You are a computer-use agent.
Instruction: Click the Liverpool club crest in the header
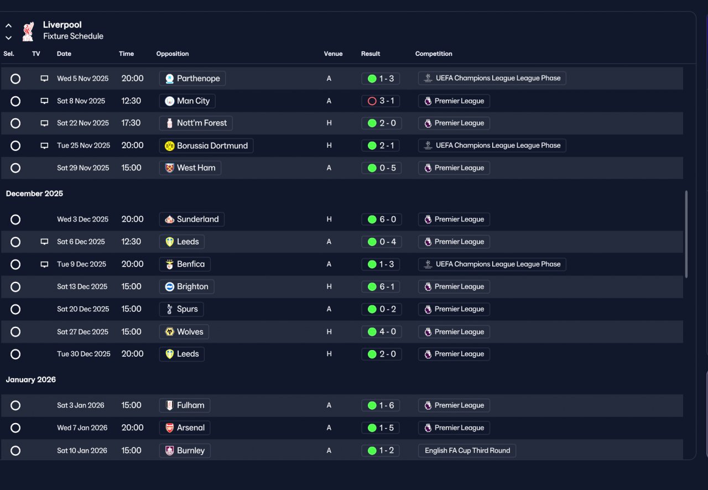point(28,32)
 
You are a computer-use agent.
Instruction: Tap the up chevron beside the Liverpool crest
point(8,25)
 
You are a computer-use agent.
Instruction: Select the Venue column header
point(333,54)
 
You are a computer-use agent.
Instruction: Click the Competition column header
point(434,54)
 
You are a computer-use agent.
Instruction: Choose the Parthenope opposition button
point(192,79)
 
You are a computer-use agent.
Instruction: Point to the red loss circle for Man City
point(372,101)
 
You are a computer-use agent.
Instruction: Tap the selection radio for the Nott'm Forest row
point(15,123)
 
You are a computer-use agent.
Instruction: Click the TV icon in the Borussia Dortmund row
point(45,146)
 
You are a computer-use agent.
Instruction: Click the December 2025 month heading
point(34,194)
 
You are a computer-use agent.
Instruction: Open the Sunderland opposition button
point(192,220)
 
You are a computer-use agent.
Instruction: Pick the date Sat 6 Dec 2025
point(81,242)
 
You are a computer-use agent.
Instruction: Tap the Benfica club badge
point(170,264)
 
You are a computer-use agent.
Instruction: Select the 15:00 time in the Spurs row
point(132,309)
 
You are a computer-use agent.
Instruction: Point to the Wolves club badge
point(170,332)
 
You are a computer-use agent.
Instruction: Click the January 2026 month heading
point(30,380)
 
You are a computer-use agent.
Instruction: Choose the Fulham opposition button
point(185,405)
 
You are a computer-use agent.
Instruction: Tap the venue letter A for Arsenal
point(329,428)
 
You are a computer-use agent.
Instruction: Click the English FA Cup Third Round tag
point(467,451)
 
